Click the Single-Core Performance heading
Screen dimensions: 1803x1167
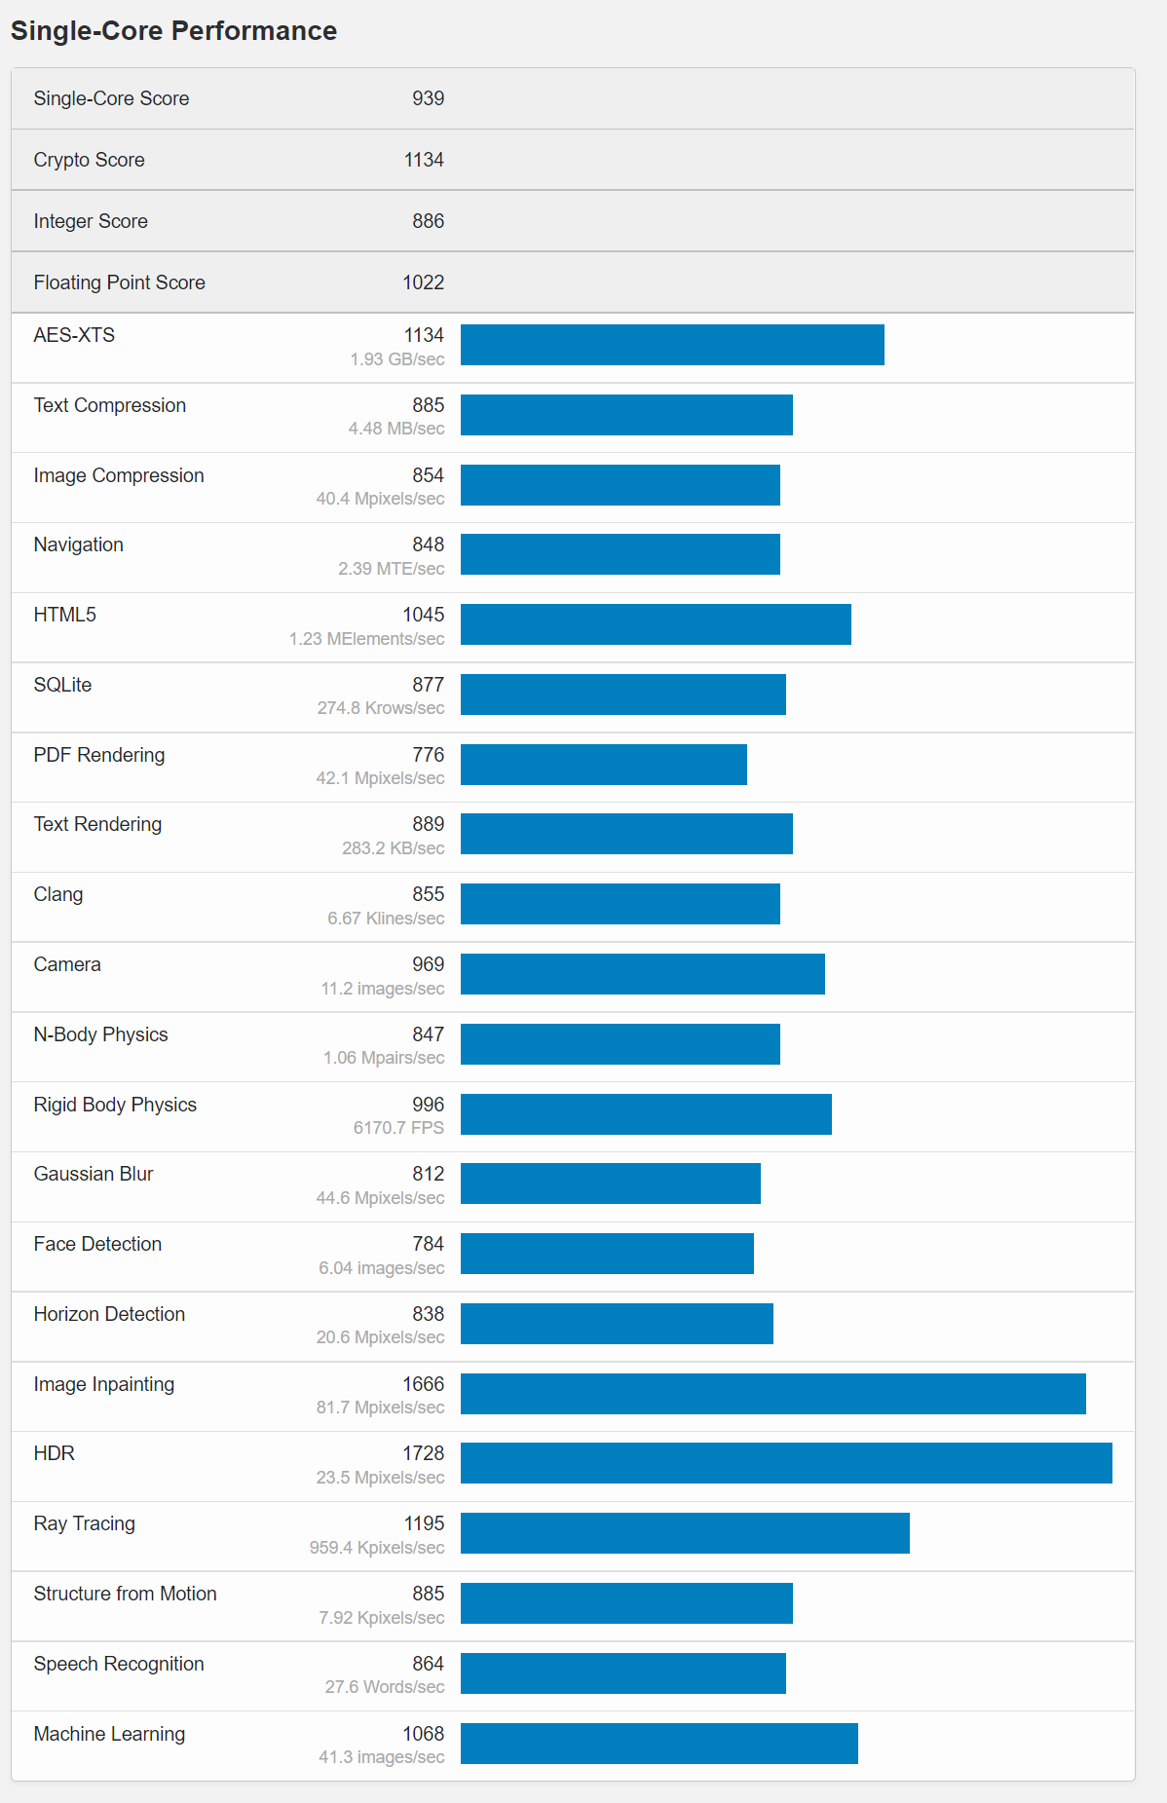tap(173, 31)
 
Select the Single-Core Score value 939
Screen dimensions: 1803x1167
tap(428, 98)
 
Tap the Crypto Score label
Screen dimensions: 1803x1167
tap(89, 160)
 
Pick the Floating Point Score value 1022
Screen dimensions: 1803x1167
tap(423, 282)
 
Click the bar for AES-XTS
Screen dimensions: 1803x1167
tap(672, 345)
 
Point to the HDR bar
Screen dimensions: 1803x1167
tap(786, 1463)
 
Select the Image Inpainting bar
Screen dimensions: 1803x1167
tap(772, 1394)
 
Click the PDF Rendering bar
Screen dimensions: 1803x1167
tap(604, 765)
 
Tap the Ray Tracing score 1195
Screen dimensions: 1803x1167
tap(424, 1523)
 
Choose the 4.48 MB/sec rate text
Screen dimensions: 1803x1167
tap(396, 429)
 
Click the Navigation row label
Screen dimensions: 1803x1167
tap(78, 545)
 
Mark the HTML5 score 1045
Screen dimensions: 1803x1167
tap(423, 615)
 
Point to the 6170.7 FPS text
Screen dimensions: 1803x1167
tap(398, 1128)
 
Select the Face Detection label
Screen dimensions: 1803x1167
tap(97, 1244)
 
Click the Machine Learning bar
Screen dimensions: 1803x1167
tap(659, 1744)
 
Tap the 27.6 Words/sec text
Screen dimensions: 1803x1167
tap(385, 1687)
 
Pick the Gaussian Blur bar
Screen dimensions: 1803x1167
tap(610, 1183)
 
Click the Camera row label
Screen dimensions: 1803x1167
tap(67, 964)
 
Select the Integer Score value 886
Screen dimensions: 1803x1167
tap(428, 221)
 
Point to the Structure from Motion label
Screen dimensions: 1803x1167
tap(125, 1594)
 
